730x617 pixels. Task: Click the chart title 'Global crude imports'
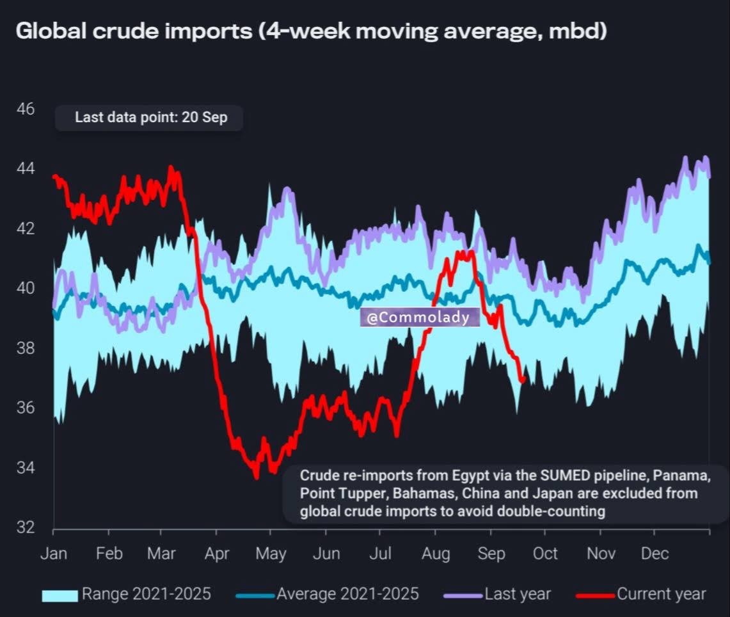(134, 31)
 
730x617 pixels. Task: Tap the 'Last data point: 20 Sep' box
(149, 118)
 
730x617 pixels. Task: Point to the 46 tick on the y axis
(26, 109)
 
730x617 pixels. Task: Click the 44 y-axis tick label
(26, 168)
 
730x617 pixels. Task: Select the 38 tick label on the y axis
(26, 348)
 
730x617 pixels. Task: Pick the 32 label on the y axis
(26, 527)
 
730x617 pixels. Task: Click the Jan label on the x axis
(54, 554)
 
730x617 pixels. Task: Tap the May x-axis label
(271, 554)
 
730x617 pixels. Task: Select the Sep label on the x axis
(491, 554)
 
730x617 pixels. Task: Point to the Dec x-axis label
(655, 554)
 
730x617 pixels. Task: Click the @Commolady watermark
(419, 317)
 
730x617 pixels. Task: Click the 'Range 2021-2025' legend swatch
(60, 596)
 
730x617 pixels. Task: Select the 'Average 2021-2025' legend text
(348, 594)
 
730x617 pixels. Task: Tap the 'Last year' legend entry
(497, 594)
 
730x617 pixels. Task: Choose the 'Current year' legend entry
(641, 594)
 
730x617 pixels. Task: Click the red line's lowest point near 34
(257, 476)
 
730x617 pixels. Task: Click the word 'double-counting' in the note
(551, 511)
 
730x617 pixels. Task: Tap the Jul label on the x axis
(381, 554)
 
